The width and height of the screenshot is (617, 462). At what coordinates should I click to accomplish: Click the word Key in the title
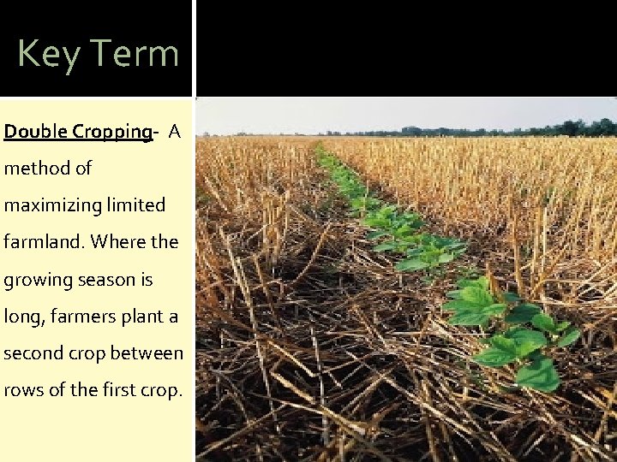(48, 54)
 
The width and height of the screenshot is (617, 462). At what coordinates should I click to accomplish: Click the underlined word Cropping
(111, 132)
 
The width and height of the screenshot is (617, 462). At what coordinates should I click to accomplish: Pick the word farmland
(42, 242)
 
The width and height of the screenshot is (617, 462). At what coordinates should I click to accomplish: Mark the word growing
(33, 281)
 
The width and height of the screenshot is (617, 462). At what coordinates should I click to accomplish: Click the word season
(100, 280)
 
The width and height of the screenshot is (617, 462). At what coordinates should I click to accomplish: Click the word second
(31, 353)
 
